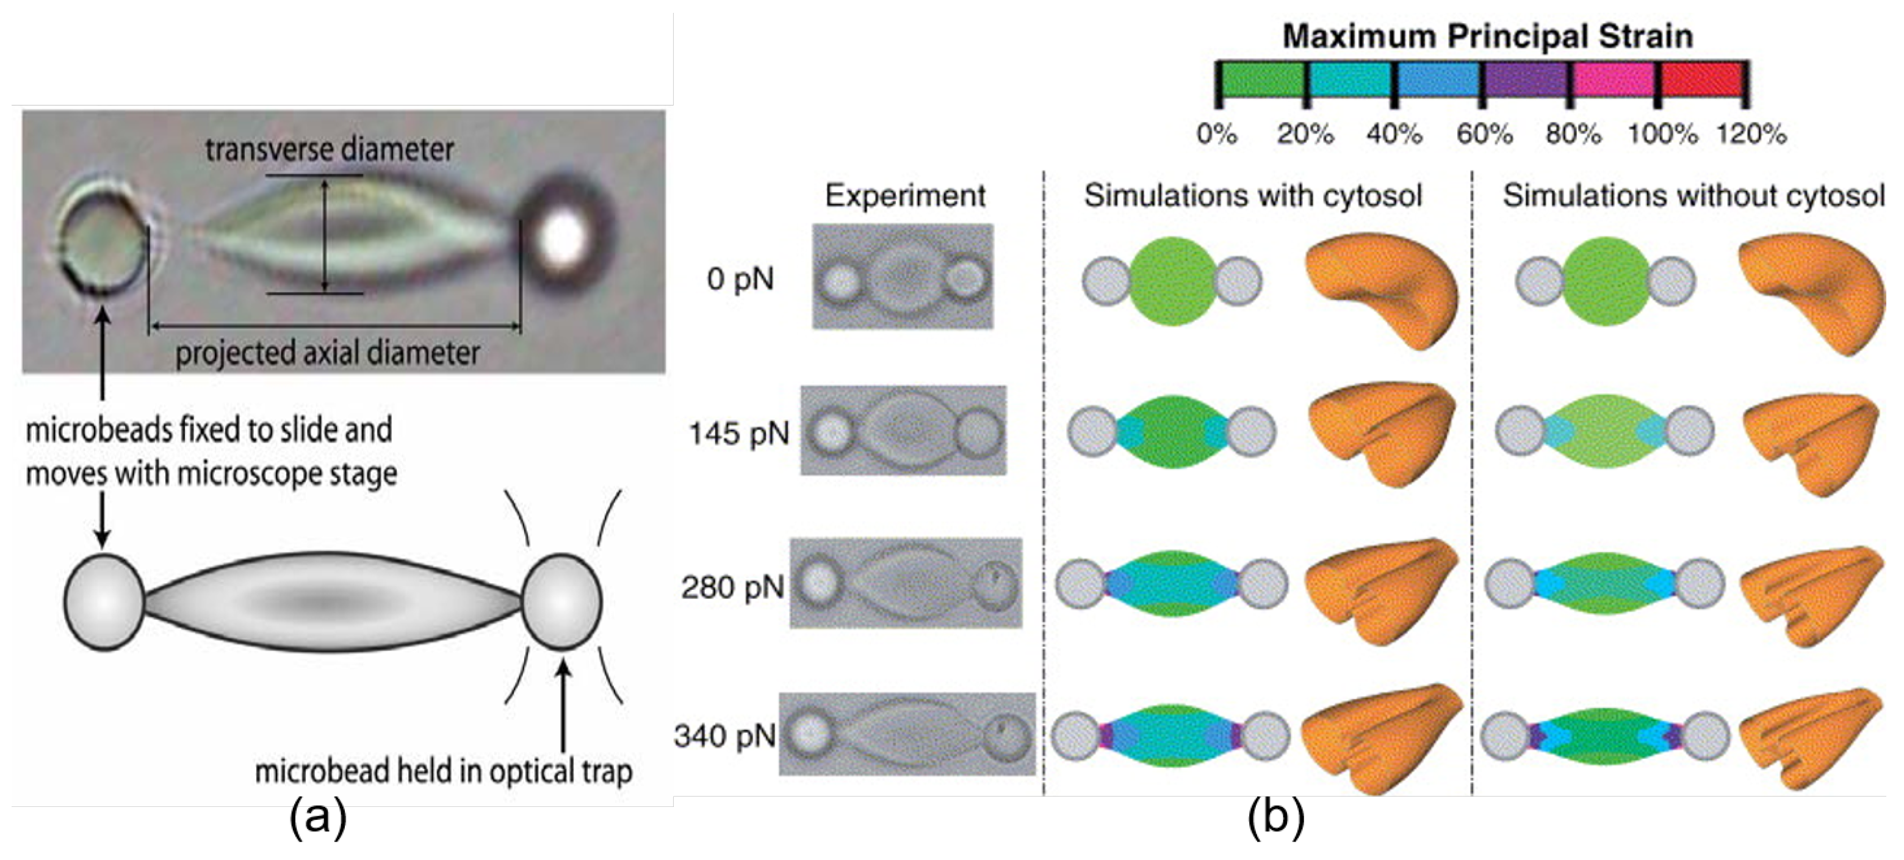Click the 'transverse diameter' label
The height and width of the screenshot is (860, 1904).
pos(329,150)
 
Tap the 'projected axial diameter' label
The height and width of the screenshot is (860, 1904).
pos(328,353)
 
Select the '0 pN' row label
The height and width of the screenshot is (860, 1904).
pos(740,279)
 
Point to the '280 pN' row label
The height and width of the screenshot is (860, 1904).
pos(732,587)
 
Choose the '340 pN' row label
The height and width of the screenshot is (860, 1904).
pos(725,736)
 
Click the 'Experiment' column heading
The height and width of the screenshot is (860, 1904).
pos(904,196)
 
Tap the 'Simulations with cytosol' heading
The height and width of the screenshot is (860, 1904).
pos(1253,196)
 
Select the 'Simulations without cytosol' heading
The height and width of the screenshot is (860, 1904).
pos(1693,196)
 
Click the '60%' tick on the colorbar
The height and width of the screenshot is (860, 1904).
pos(1484,134)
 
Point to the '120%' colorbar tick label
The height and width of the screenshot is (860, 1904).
pos(1751,134)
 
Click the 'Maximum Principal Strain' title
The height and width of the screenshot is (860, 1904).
pos(1487,36)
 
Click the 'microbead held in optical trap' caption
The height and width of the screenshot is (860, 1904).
pos(444,772)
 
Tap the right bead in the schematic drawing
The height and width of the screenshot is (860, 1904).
pos(561,602)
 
